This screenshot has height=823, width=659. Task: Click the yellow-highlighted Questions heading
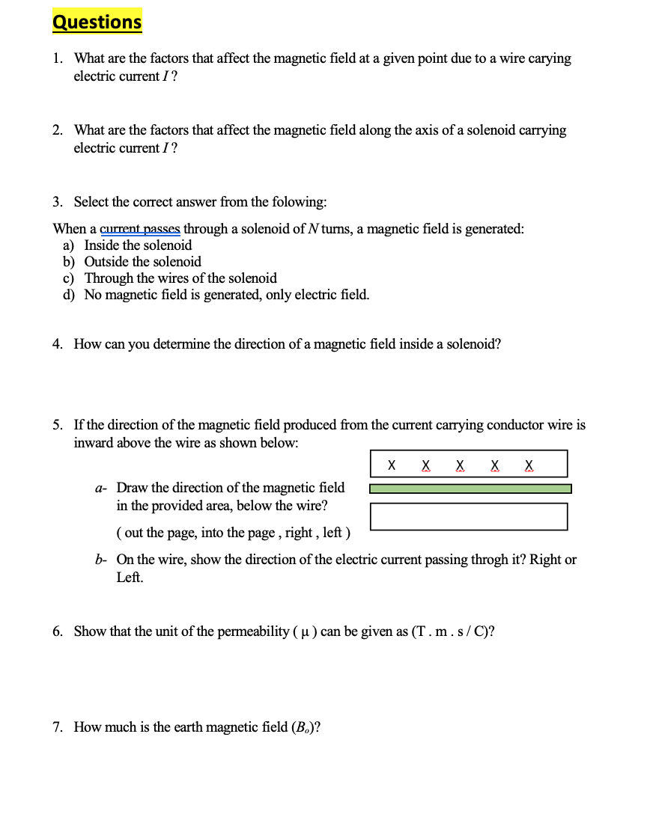tap(97, 22)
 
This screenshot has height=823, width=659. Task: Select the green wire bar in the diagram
tap(470, 489)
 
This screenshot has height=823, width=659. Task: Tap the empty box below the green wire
tap(469, 516)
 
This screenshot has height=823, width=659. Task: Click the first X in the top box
tap(392, 465)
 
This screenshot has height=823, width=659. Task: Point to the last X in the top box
tap(529, 465)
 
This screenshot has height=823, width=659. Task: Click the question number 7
tap(57, 727)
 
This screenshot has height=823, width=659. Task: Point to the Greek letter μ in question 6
tap(303, 632)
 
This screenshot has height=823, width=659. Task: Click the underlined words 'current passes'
tap(140, 229)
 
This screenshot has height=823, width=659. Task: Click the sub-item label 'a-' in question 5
tap(101, 489)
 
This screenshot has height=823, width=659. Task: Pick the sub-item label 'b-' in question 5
tap(101, 560)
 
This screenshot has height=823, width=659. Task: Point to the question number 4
tap(57, 344)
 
